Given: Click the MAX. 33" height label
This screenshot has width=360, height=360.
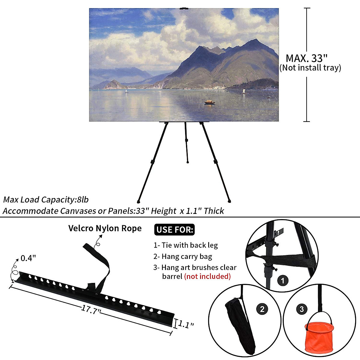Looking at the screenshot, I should tap(306, 58).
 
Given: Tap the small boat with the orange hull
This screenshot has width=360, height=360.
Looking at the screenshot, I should tap(209, 102).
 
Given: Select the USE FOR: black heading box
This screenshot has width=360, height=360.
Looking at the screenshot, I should tap(175, 230).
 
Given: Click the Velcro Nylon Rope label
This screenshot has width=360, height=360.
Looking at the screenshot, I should tap(105, 228).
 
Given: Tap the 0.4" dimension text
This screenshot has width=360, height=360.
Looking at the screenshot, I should tap(28, 258).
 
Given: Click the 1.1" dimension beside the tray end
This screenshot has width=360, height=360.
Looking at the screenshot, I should tap(186, 324).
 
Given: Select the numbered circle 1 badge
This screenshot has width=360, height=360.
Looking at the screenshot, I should tap(283, 281).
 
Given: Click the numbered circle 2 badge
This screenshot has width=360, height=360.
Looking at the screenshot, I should tap(262, 309).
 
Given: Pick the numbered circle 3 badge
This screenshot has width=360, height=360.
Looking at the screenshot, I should tap(301, 309).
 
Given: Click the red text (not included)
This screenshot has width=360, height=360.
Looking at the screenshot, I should tap(207, 276).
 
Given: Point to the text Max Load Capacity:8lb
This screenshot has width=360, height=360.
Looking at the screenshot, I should tap(46, 199).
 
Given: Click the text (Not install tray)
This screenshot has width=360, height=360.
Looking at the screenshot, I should tap(310, 68).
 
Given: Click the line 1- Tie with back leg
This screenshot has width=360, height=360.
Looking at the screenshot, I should tap(186, 245).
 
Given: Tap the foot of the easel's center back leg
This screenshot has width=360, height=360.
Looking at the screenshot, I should tap(187, 162).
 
